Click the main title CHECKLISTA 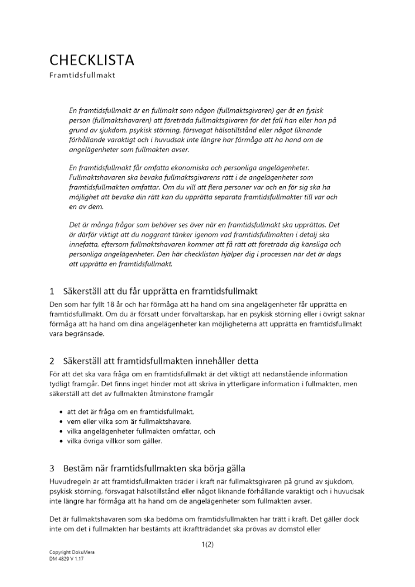point(92,60)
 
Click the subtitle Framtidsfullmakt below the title point(82,75)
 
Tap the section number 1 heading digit point(52,291)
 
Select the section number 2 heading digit point(52,360)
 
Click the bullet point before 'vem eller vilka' point(62,421)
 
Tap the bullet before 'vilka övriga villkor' point(62,440)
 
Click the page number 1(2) point(207,545)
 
